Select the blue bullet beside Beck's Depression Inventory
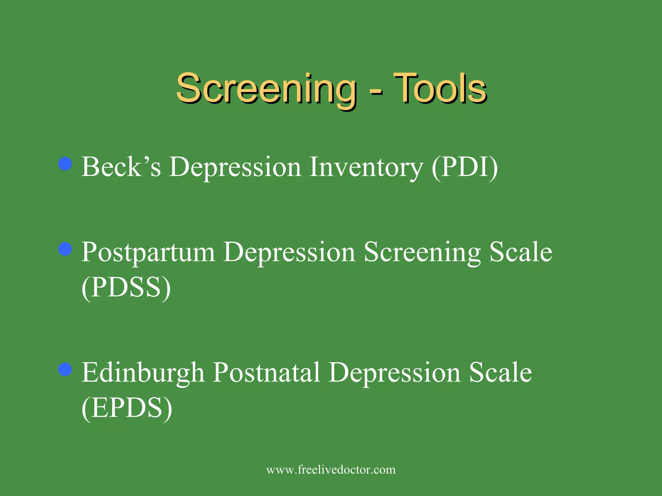[x=65, y=164]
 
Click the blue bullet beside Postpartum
[x=65, y=249]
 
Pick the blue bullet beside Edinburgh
[x=65, y=369]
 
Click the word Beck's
[x=121, y=167]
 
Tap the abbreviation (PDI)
[x=465, y=168]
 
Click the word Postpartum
[x=148, y=253]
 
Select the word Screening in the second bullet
[x=422, y=253]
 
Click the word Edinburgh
[x=143, y=373]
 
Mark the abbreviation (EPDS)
[x=127, y=408]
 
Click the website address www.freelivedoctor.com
[x=331, y=470]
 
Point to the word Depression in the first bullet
[x=235, y=168]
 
